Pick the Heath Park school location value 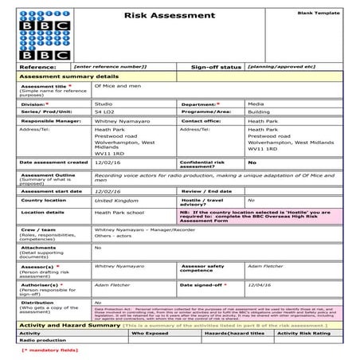122,213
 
